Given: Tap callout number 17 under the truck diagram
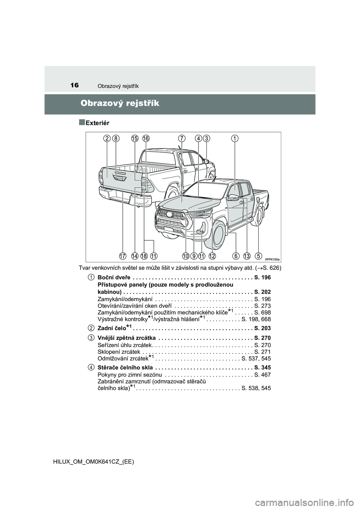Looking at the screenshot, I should pos(123,256).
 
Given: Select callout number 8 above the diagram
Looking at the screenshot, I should pos(117,138).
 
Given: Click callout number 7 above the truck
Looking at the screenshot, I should pos(182,138).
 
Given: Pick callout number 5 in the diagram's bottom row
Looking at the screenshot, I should pos(258,256).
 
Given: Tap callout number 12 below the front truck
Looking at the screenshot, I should pos(212,256).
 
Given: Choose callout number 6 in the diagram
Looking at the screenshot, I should pos(236,256).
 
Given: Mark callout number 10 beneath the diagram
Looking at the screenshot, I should pos(186,256).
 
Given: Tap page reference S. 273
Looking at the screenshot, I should pos(262,306).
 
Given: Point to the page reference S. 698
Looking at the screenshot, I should pos(262,313).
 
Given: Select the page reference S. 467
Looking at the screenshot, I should pos(262,375).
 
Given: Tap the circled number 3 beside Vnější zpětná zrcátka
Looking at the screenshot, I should pos(91,338).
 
